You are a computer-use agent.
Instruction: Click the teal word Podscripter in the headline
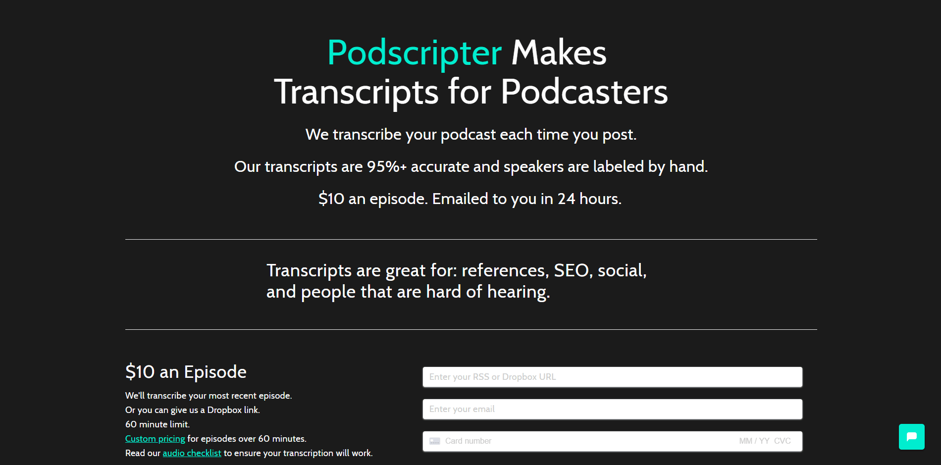coord(415,53)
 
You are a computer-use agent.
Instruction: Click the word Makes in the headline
coord(559,52)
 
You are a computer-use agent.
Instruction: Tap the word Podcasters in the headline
coord(584,92)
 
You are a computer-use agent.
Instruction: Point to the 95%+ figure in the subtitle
coord(386,166)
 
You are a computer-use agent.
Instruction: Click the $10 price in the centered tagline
coord(331,199)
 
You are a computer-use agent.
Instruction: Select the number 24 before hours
coord(566,199)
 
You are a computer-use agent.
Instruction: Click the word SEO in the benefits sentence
coord(573,270)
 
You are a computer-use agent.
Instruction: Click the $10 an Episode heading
coord(186,372)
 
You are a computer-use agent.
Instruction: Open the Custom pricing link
coord(155,439)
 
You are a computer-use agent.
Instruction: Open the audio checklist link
coord(192,453)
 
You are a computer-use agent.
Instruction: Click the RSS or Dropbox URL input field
coord(612,377)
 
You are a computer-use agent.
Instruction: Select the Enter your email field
coord(612,409)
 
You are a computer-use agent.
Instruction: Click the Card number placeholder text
coord(468,441)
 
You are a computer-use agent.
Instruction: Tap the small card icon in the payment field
coord(435,441)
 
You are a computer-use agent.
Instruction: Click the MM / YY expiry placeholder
coord(754,441)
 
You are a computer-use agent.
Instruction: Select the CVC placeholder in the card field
coord(783,441)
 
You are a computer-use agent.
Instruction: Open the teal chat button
coord(912,437)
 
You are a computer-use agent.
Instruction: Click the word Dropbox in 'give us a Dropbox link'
coord(224,410)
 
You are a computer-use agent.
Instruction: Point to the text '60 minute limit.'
coord(157,424)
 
